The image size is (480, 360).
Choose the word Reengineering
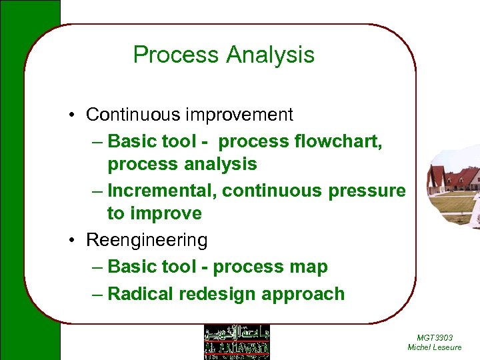(147, 240)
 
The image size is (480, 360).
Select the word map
(309, 267)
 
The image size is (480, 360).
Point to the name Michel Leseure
(434, 347)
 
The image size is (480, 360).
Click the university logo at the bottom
(236, 342)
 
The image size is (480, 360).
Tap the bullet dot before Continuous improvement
(70, 115)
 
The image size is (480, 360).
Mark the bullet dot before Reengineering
(70, 240)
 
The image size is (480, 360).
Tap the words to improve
(154, 213)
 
